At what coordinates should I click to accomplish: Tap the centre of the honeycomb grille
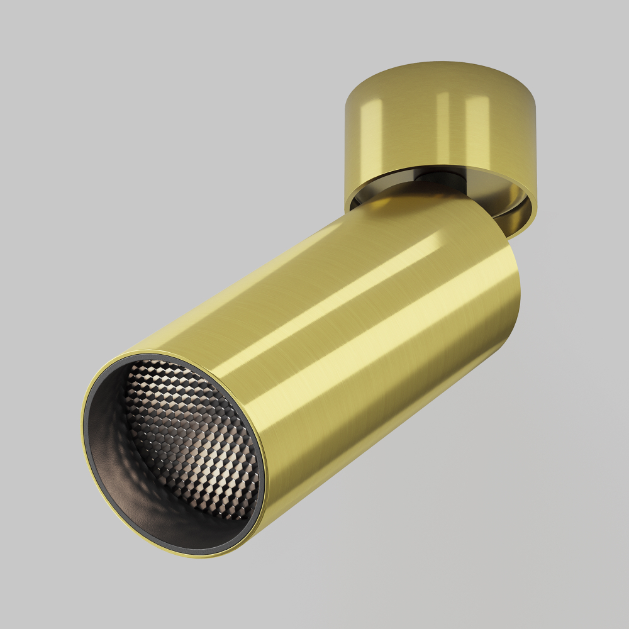point(192,440)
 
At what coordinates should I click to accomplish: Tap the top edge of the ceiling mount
point(440,62)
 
